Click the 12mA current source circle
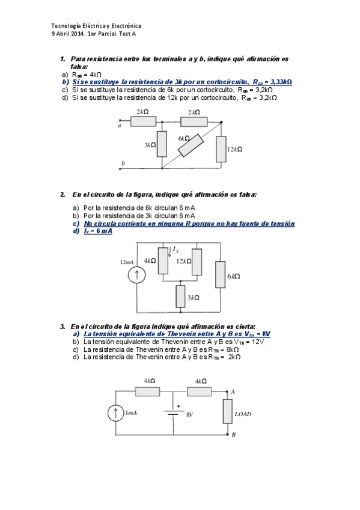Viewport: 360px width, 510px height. pyautogui.click(x=137, y=275)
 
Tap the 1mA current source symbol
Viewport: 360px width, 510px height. pyautogui.click(x=115, y=413)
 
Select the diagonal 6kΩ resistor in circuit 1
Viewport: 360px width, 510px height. pyautogui.click(x=191, y=146)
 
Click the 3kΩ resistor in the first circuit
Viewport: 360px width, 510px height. pyautogui.click(x=162, y=144)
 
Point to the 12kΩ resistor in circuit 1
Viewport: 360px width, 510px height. pyautogui.click(x=221, y=149)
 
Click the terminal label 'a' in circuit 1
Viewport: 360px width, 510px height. pyautogui.click(x=119, y=126)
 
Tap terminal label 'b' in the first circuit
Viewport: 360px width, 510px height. pyautogui.click(x=123, y=163)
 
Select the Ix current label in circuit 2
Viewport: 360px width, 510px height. pyautogui.click(x=175, y=249)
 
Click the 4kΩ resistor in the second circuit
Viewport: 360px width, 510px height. pyautogui.click(x=163, y=260)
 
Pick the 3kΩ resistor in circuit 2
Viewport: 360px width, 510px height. pyautogui.click(x=181, y=296)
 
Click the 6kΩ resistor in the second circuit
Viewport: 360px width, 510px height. pyautogui.click(x=221, y=274)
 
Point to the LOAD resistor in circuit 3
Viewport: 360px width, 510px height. pyautogui.click(x=227, y=411)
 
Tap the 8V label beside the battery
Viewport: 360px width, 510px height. pyautogui.click(x=190, y=415)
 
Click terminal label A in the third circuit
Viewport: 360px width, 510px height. pyautogui.click(x=233, y=392)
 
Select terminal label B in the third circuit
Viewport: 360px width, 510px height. pyautogui.click(x=234, y=435)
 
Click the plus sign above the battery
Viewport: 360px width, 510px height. pyautogui.click(x=178, y=406)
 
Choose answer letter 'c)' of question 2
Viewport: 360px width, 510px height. pyautogui.click(x=76, y=224)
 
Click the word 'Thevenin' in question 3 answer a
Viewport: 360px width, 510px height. pyautogui.click(x=180, y=334)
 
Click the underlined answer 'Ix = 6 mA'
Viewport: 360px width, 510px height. pyautogui.click(x=98, y=232)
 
